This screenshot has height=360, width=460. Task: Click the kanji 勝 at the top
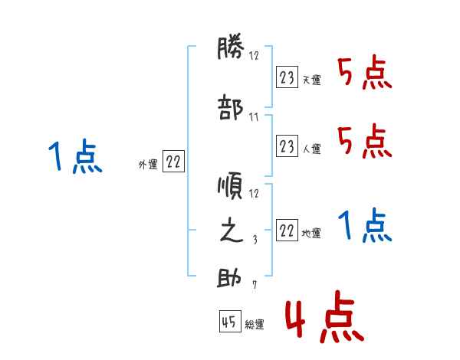[x=231, y=50]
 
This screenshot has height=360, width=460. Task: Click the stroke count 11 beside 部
[x=254, y=117]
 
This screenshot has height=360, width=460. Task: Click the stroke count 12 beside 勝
[x=254, y=55]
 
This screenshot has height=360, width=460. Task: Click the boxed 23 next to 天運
[x=287, y=77]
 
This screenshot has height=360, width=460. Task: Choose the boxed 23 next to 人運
[x=287, y=146]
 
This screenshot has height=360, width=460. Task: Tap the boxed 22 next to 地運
[x=287, y=231]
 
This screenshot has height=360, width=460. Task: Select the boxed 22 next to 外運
[x=173, y=162]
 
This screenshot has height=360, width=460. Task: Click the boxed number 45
[x=229, y=322]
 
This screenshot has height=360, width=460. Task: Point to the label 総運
[x=255, y=325]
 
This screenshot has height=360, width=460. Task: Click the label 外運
[x=147, y=164]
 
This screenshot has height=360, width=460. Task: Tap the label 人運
[x=311, y=149]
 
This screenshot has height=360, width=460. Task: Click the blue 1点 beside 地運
[x=365, y=227]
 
